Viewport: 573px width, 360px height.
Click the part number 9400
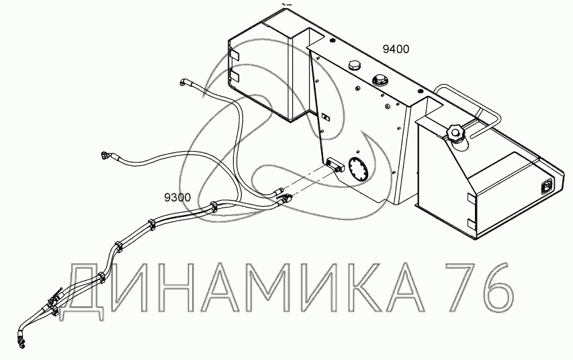[x=396, y=49]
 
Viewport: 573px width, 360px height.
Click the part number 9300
[x=177, y=197]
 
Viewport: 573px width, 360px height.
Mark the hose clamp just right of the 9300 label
[x=213, y=206]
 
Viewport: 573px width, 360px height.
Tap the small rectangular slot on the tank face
[x=325, y=118]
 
